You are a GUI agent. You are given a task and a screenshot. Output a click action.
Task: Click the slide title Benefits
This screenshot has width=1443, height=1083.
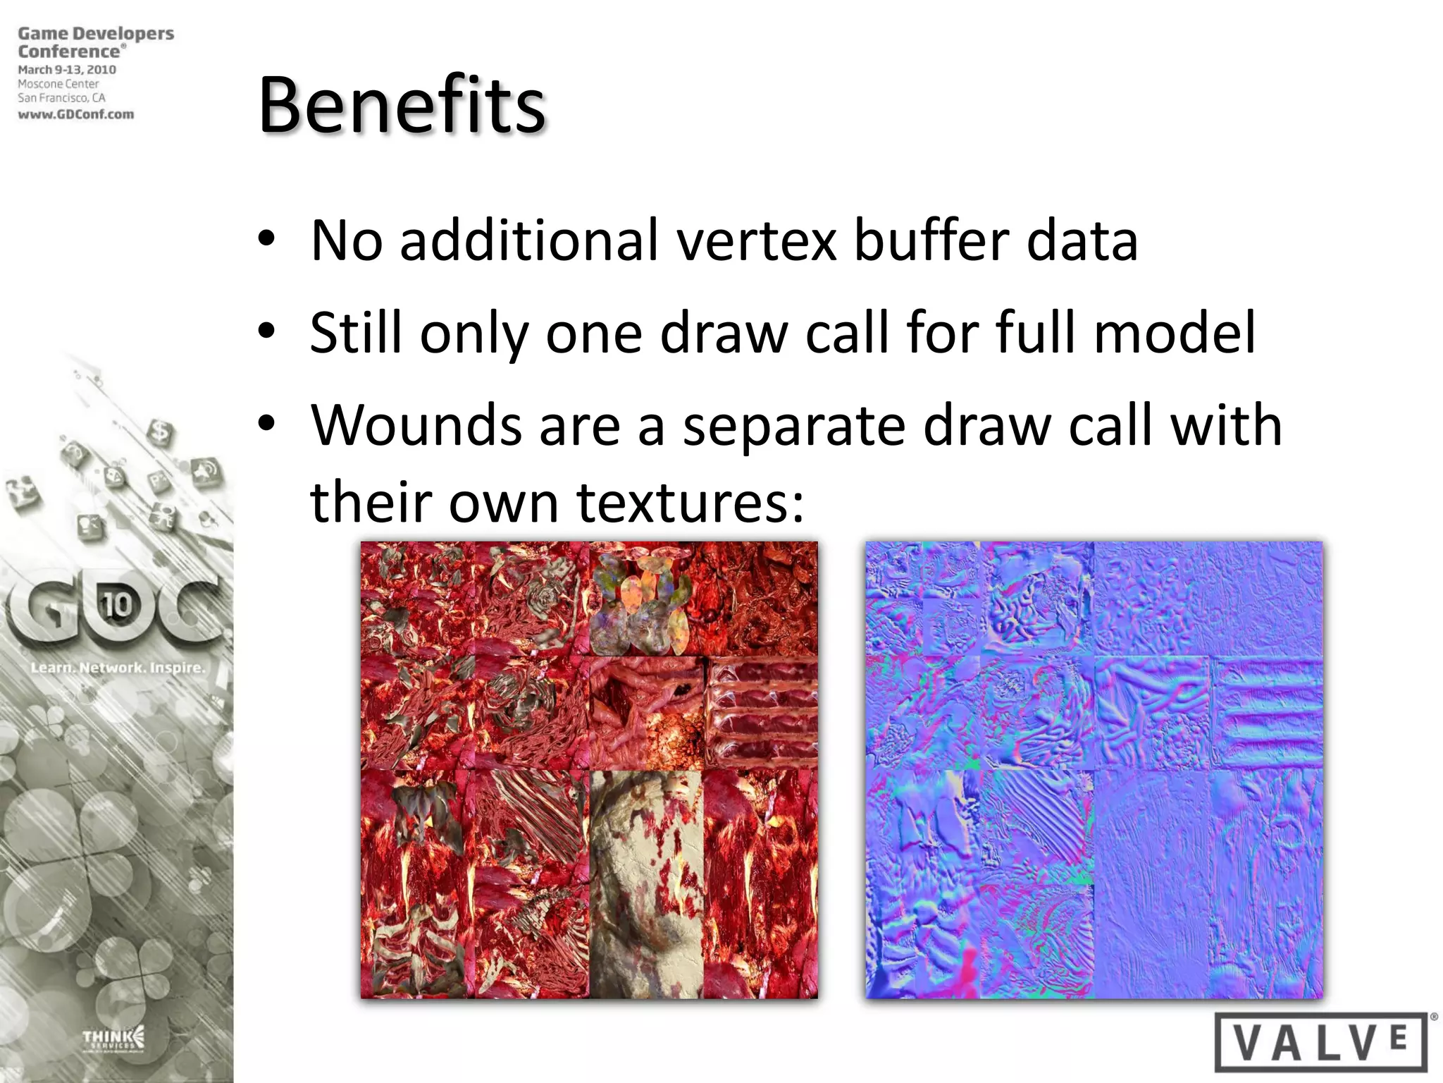402,106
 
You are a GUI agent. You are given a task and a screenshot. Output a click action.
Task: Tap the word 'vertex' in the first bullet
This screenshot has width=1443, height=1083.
758,241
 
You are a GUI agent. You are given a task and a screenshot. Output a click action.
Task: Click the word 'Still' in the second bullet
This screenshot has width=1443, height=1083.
356,333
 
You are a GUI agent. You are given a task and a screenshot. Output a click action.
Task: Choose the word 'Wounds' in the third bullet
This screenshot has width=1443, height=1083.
416,426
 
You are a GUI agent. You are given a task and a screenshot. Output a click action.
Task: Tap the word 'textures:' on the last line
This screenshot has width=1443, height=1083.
690,502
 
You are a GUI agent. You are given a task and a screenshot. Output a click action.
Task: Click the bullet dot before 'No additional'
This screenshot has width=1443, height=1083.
266,238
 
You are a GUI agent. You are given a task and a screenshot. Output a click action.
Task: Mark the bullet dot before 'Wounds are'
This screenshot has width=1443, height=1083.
266,423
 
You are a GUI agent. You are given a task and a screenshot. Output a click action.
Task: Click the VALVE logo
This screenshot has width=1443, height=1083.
1322,1041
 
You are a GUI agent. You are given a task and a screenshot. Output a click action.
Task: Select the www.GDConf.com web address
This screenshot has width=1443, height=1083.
76,114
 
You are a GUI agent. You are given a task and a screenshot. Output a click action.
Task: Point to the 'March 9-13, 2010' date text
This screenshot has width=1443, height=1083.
67,70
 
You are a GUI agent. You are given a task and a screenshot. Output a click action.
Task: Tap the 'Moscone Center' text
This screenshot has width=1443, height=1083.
58,84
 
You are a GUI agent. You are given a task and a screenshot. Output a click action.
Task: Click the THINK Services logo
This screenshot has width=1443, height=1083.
113,1038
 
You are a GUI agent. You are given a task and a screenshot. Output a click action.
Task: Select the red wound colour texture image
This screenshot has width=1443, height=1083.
589,770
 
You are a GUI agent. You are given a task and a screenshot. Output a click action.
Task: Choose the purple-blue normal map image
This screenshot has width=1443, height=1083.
1094,770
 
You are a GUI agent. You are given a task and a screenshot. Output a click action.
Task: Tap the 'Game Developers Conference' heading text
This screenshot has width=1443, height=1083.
95,42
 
